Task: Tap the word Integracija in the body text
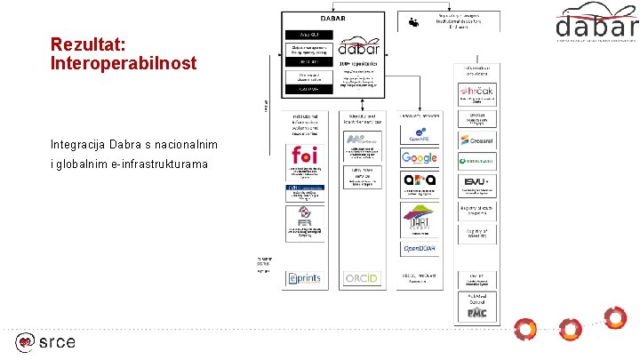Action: [x=85, y=145]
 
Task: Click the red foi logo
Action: [x=303, y=156]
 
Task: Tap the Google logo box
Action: [x=419, y=158]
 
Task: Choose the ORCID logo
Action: [x=362, y=278]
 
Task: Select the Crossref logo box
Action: [x=478, y=140]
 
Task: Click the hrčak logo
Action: [x=478, y=92]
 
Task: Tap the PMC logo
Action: [x=478, y=312]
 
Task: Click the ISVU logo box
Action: [x=478, y=184]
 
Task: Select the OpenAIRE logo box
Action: [x=419, y=137]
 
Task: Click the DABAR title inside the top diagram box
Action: [x=333, y=18]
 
